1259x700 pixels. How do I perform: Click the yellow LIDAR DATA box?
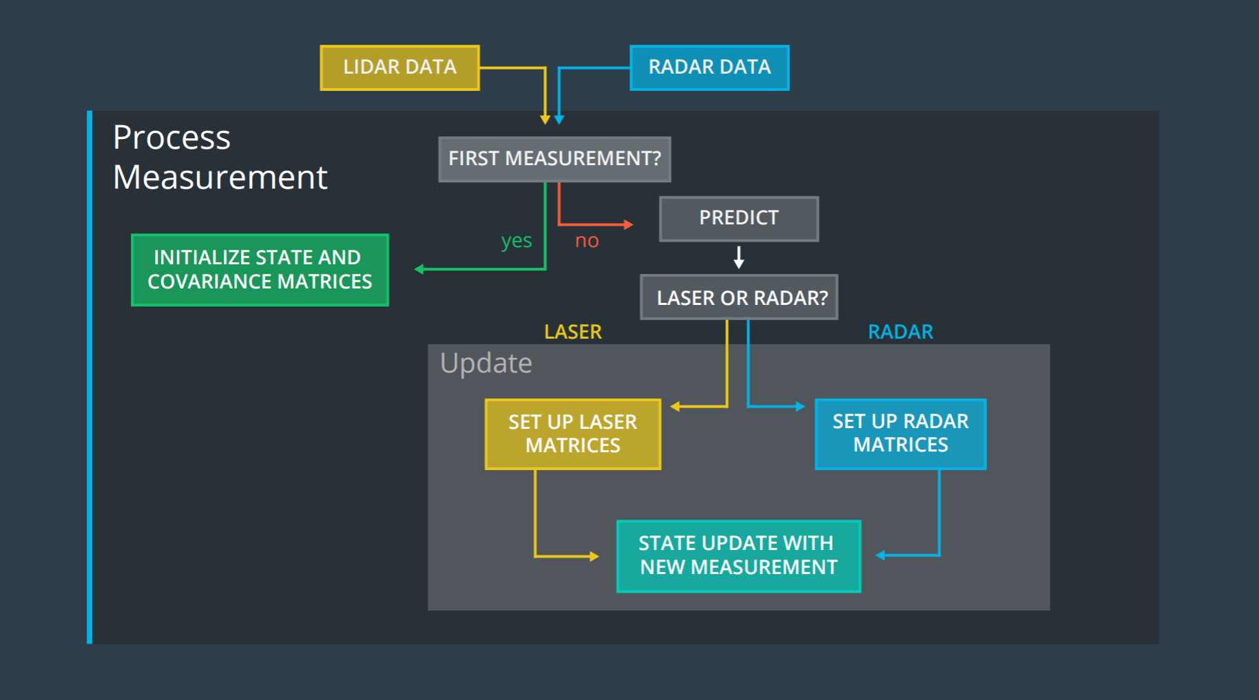coord(399,67)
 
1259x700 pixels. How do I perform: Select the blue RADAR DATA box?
coord(709,67)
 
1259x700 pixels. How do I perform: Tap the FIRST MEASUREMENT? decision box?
coord(554,159)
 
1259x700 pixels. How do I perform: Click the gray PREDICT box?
coord(738,218)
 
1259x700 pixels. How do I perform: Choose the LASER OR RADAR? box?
coord(739,297)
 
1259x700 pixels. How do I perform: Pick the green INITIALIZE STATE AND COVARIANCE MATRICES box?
coord(260,270)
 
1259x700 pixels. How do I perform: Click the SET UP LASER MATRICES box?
coord(572,434)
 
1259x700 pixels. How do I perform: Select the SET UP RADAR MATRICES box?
coord(900,434)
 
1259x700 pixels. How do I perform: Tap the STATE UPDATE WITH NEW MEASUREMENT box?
coord(738,555)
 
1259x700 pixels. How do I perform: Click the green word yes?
coord(517,241)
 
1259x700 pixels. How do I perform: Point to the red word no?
coord(587,241)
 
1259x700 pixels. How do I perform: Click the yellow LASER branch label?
coord(572,332)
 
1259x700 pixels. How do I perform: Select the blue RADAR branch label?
coord(900,332)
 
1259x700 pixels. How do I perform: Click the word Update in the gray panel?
coord(486,363)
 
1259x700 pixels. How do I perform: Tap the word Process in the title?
coord(171,138)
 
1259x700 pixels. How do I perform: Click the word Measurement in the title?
coord(220,178)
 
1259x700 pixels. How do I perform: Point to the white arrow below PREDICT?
coord(739,257)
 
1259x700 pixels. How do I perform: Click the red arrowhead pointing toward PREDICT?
coord(628,224)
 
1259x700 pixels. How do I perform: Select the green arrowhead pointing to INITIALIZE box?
coord(419,269)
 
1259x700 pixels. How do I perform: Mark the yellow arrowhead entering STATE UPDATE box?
coord(594,556)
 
